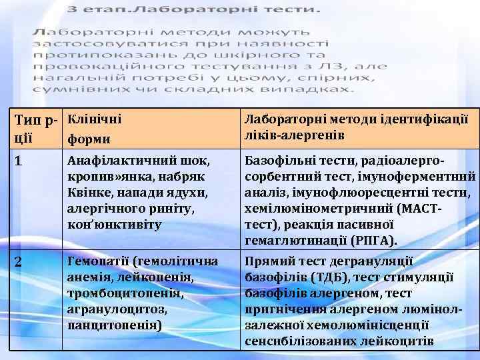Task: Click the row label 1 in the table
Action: pyautogui.click(x=19, y=161)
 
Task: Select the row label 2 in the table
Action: pyautogui.click(x=19, y=262)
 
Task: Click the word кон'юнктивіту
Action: pyautogui.click(x=115, y=225)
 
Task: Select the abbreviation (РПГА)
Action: pyautogui.click(x=373, y=240)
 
